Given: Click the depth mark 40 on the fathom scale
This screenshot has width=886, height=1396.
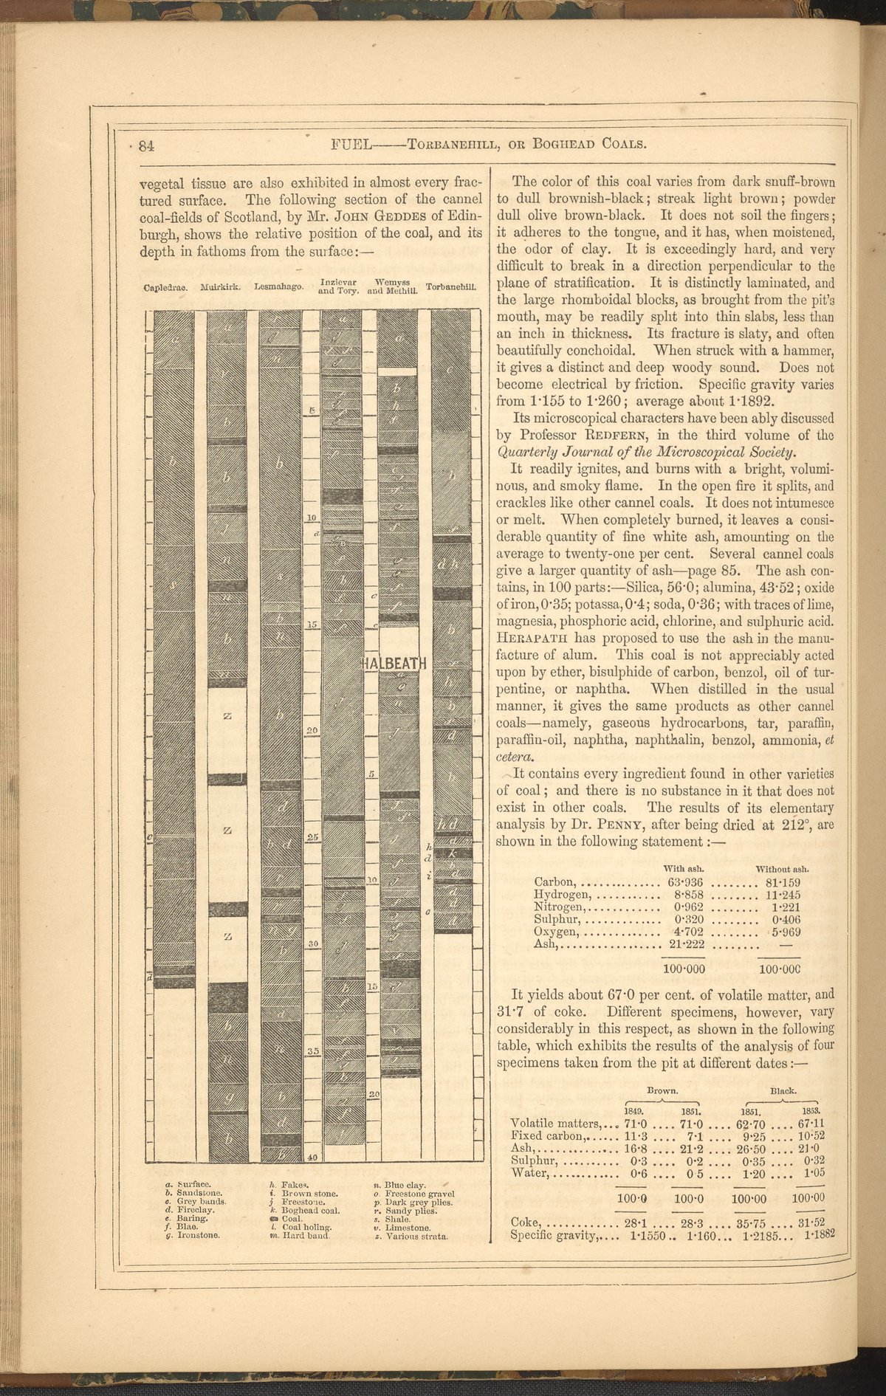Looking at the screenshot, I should point(312,1158).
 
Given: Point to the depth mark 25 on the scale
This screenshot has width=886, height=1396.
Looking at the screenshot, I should point(312,838).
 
